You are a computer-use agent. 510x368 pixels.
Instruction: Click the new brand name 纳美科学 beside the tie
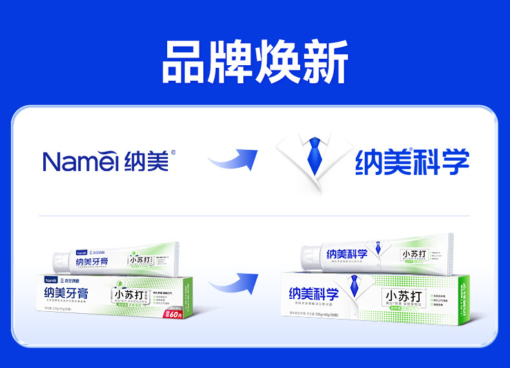coord(411,161)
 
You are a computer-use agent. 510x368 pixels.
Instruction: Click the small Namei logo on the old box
coord(50,281)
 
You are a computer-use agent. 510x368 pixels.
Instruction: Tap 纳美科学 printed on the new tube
coord(347,254)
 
